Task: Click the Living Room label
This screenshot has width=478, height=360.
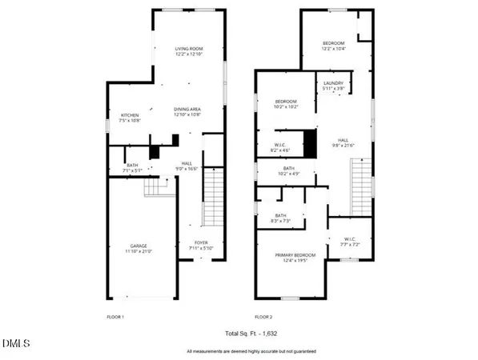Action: [x=189, y=52]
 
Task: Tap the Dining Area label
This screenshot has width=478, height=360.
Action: [x=187, y=111]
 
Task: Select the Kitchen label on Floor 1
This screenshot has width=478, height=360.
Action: [x=130, y=118]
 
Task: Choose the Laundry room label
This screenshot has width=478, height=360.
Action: [x=334, y=86]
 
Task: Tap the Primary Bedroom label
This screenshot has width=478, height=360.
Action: [x=295, y=258]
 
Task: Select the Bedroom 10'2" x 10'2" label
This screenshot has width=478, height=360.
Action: [x=286, y=104]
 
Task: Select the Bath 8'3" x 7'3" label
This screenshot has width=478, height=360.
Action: [x=281, y=218]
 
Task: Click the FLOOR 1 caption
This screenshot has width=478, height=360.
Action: [x=117, y=318]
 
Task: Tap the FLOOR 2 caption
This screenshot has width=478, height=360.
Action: [x=263, y=318]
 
